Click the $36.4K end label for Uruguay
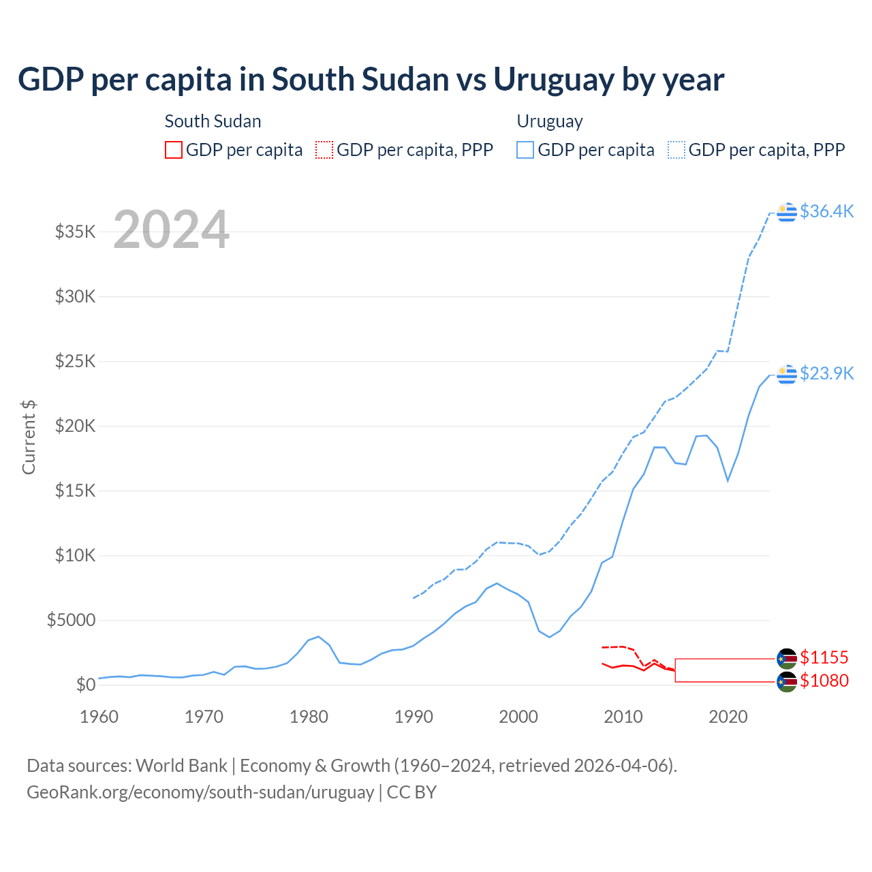826,211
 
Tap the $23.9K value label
826,373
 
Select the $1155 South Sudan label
824,657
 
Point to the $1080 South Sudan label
824,681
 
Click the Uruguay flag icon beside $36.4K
787,212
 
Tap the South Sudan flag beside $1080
787,681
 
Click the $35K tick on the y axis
76,232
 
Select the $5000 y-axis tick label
72,620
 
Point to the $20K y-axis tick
76,426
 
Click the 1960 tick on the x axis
99,717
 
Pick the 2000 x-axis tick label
518,717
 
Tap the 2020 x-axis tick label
728,717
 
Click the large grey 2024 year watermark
171,230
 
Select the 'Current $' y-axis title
29,437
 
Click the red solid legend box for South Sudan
174,150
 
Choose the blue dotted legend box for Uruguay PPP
676,150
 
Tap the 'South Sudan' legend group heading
213,121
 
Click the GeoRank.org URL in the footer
200,792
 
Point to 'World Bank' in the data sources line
181,766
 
